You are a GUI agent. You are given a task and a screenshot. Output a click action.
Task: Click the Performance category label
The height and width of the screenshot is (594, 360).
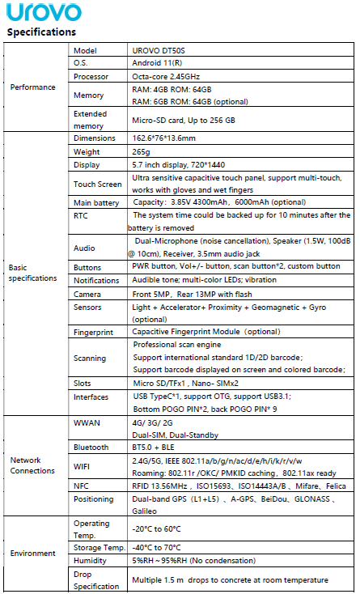(x=33, y=87)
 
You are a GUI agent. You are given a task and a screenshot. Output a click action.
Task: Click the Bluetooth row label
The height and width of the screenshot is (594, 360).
(x=91, y=446)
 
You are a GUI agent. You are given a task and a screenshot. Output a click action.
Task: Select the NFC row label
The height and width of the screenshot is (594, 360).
(x=81, y=485)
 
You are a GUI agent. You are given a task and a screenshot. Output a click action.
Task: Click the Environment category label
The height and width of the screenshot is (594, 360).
(x=33, y=554)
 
